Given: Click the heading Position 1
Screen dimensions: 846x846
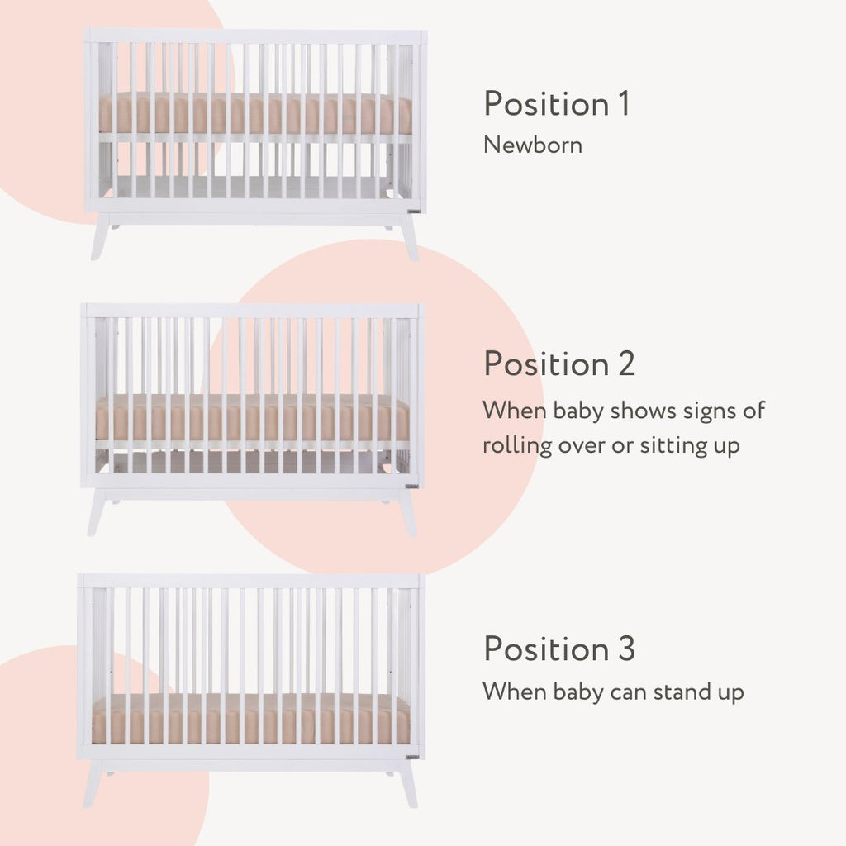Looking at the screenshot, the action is coord(556,103).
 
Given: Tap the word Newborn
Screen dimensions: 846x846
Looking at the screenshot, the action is coord(533,145).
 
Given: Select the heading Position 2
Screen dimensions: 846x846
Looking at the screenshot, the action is coord(559,364).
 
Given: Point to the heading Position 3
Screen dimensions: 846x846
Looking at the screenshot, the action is coord(559,648).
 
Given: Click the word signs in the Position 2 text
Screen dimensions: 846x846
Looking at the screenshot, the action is coord(707,411).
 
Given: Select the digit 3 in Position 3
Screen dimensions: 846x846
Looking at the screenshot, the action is coord(626,649).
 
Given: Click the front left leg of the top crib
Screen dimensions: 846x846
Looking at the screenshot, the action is coord(101,237).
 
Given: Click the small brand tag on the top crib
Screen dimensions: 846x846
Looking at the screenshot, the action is coord(414,212).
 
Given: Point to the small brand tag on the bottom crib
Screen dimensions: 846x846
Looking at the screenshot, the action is coord(413,757).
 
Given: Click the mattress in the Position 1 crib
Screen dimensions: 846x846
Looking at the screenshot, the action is coord(255,114).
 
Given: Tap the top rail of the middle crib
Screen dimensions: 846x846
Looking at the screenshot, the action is coord(253,311).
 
